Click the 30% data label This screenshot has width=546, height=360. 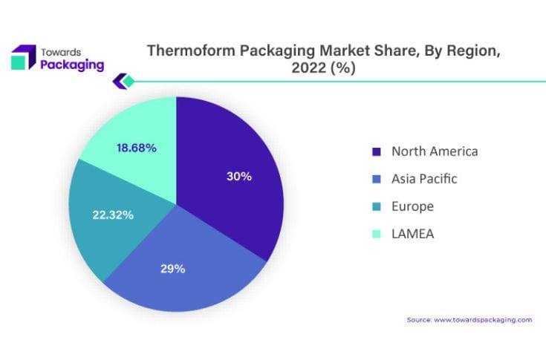click(239, 177)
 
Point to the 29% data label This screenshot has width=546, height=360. click(172, 269)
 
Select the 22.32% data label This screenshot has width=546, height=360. click(113, 215)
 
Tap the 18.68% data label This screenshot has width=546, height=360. click(137, 148)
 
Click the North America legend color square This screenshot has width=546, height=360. click(376, 152)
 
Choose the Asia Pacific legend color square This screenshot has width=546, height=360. click(376, 180)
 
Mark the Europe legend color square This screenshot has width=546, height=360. click(376, 207)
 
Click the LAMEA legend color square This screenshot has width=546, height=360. click(376, 235)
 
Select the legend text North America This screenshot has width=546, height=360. click(435, 151)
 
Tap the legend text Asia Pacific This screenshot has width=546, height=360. click(424, 179)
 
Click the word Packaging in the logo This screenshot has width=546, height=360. click(71, 64)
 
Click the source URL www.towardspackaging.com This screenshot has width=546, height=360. click(483, 320)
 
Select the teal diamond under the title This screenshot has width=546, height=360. click(128, 81)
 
